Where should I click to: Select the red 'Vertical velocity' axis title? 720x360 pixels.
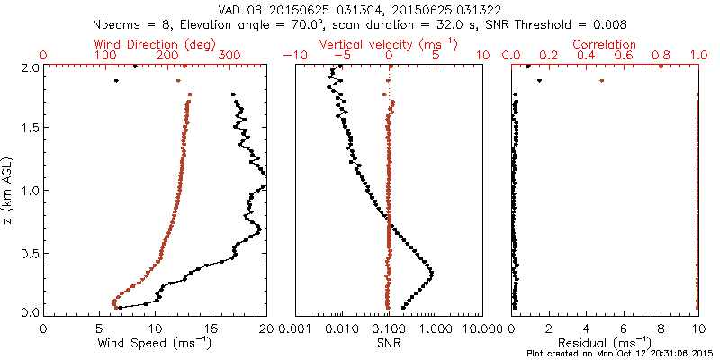[x=389, y=44]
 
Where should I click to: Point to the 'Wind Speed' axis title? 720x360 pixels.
[x=156, y=343]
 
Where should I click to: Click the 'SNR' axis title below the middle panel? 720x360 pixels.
[x=389, y=343]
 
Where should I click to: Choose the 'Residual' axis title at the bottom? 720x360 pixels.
[x=605, y=343]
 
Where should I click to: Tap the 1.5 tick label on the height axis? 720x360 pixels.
[x=29, y=129]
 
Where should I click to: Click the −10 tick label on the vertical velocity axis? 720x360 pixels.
[x=295, y=56]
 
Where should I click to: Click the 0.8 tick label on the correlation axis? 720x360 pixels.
[x=661, y=56]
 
